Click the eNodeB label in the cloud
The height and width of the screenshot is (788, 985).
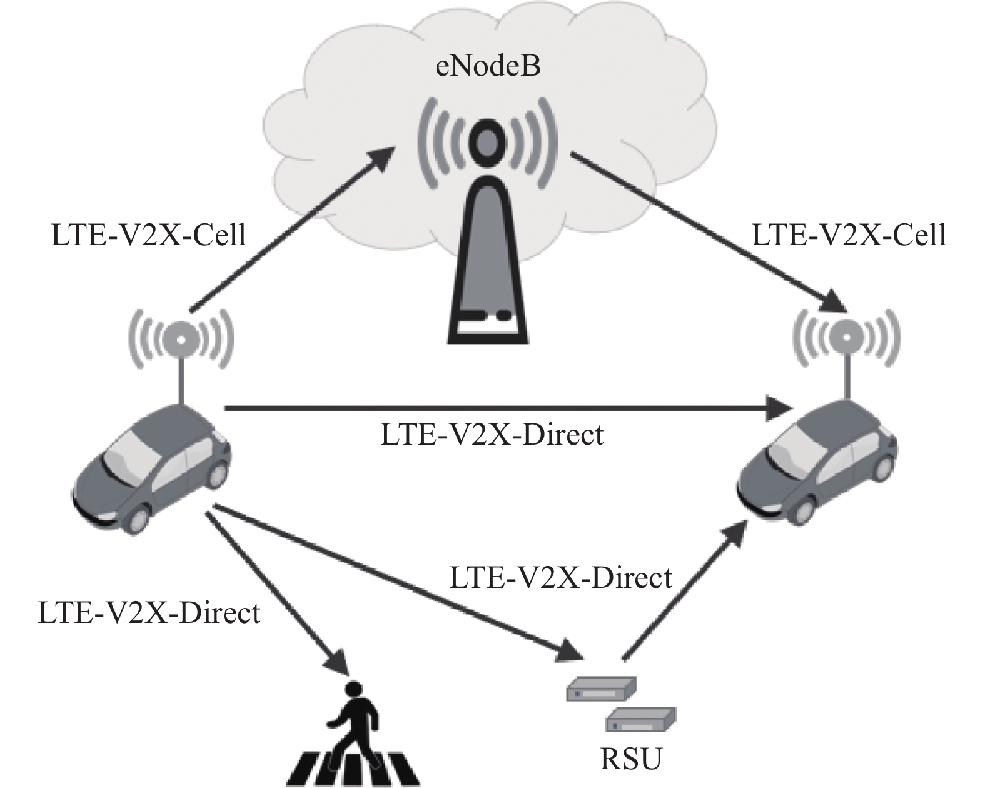click(487, 66)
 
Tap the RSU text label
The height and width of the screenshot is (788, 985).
click(630, 759)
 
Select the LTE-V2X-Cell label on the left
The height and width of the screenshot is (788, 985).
click(149, 235)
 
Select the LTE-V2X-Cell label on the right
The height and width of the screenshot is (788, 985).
click(849, 235)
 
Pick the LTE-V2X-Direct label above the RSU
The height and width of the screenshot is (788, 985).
click(561, 577)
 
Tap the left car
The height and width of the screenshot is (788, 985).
click(151, 467)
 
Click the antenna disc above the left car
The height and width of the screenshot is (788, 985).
click(181, 340)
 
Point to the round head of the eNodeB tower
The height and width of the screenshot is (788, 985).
click(487, 142)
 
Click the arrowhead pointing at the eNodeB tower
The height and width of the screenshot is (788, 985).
click(378, 160)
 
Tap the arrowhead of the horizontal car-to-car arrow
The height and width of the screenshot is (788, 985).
click(778, 408)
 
